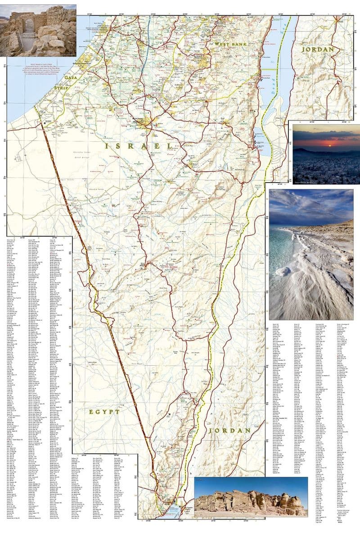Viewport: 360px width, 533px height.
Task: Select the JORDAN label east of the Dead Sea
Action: pos(318,49)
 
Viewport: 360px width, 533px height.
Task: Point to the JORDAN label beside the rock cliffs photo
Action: pos(236,430)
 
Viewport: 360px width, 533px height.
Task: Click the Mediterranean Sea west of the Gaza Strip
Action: pos(27,103)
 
